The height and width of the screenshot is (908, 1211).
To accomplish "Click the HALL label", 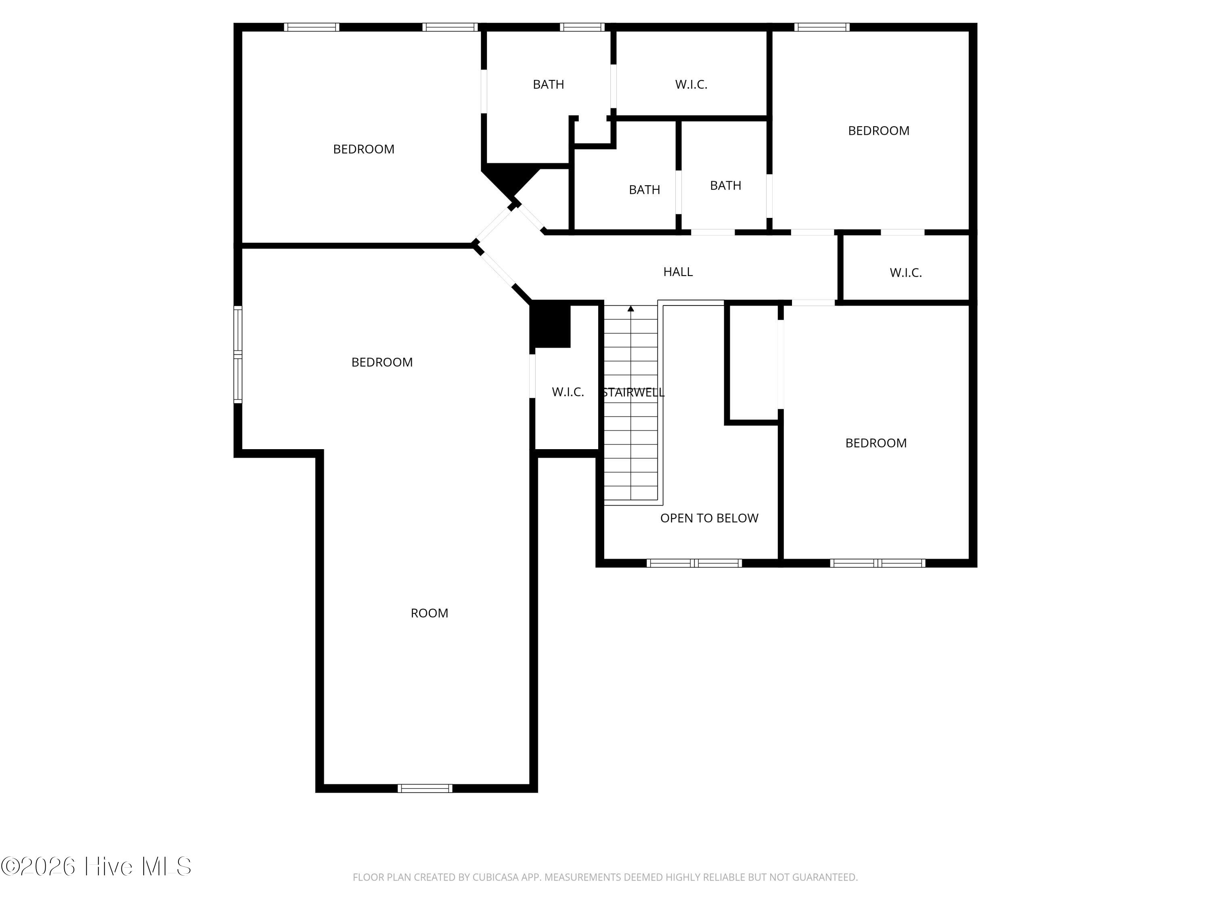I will [678, 272].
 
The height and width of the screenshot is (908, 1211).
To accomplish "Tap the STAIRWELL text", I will [633, 392].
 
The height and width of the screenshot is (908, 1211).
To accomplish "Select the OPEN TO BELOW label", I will [709, 518].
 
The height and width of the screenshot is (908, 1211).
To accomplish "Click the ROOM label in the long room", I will [429, 613].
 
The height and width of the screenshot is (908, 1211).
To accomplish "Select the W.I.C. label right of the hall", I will [905, 272].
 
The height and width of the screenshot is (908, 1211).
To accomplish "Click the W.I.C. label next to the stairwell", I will [568, 392].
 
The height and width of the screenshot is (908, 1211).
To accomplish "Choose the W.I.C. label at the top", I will [691, 84].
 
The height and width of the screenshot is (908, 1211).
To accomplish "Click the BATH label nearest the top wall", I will [548, 84].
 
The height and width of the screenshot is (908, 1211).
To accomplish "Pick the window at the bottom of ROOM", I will [425, 788].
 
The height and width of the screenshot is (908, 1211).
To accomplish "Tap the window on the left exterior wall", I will [238, 355].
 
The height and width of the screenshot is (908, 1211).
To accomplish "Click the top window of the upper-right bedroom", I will [822, 27].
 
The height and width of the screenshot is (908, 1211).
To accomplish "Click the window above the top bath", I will [582, 27].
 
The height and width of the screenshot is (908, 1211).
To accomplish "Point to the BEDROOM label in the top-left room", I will [364, 149].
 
